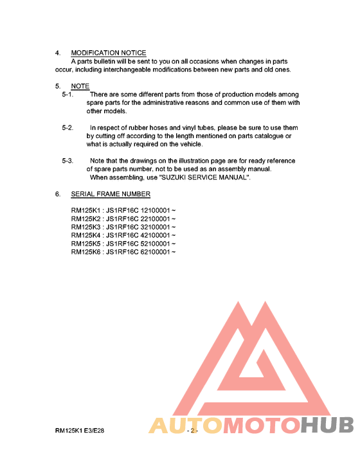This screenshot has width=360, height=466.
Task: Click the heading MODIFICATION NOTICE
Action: (108, 53)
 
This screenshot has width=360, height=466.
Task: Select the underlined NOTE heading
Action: (80, 86)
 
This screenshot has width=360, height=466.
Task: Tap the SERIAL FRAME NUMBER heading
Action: (111, 194)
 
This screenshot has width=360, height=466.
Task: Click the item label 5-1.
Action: (67, 94)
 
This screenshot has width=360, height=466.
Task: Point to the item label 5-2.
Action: (67, 128)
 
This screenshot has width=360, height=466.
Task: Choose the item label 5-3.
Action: (67, 161)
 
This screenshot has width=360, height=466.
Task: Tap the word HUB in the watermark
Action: (327, 426)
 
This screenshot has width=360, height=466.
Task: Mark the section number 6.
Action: (57, 194)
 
